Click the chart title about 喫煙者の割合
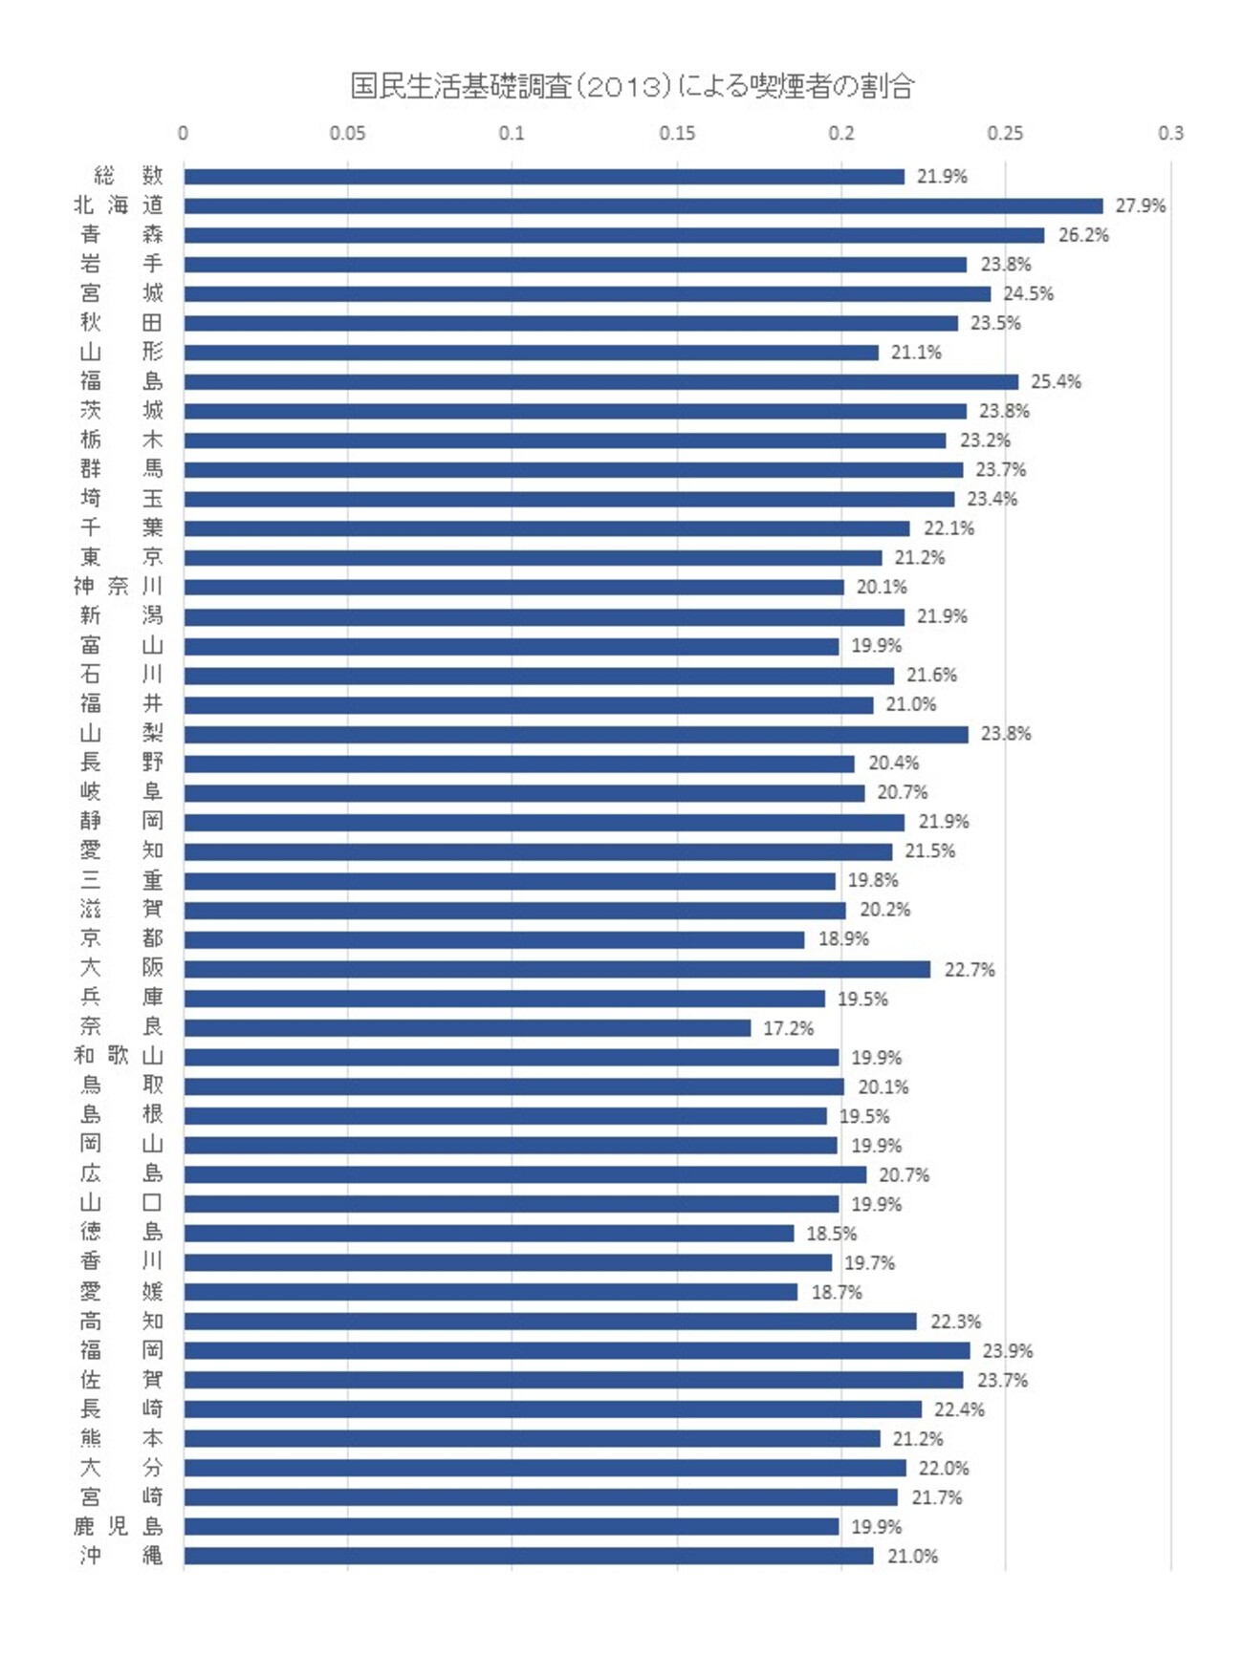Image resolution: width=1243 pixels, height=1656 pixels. click(x=632, y=87)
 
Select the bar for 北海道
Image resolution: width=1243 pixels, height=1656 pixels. click(x=643, y=205)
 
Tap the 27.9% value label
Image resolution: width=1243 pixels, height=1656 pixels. click(x=1140, y=205)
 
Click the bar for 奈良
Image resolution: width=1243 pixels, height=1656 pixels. click(x=467, y=1028)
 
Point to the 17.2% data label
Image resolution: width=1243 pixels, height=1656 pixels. click(x=788, y=1028)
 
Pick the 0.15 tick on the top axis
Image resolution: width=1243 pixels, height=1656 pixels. click(x=677, y=133)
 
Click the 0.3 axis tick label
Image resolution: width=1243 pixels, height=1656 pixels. click(x=1170, y=133)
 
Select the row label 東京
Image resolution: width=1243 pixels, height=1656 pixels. click(x=120, y=557)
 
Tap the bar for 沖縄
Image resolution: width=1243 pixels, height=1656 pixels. click(x=528, y=1556)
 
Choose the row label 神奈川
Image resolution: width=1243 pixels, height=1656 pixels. click(x=119, y=586)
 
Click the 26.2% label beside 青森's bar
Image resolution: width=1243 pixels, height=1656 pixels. click(x=1082, y=235)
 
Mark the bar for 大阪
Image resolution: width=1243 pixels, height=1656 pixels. click(x=556, y=969)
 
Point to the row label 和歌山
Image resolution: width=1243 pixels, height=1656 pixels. click(x=119, y=1056)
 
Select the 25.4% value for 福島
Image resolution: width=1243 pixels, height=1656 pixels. click(x=1056, y=381)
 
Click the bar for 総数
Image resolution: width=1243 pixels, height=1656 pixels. click(x=543, y=176)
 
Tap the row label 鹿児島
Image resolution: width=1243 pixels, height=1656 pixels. click(x=119, y=1526)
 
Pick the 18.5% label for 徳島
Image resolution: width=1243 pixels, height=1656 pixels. click(x=831, y=1234)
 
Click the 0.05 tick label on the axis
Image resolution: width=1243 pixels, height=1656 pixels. click(x=347, y=133)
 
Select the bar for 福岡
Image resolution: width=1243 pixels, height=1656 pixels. click(x=577, y=1350)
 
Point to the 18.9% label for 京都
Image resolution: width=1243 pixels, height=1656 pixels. click(x=843, y=939)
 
